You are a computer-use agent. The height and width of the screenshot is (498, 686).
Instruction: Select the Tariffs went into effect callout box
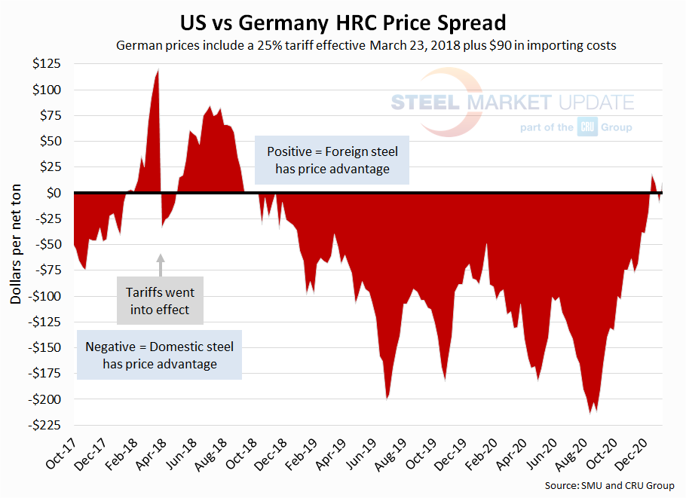coord(161,299)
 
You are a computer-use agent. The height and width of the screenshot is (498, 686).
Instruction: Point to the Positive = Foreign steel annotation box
coord(332,160)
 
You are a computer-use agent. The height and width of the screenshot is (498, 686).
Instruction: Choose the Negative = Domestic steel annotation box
coord(159,355)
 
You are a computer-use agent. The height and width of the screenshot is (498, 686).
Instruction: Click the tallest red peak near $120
coord(158,72)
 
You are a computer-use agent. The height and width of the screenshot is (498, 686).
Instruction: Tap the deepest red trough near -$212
coord(590,411)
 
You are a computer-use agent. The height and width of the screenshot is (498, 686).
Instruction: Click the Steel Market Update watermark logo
coord(513,103)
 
